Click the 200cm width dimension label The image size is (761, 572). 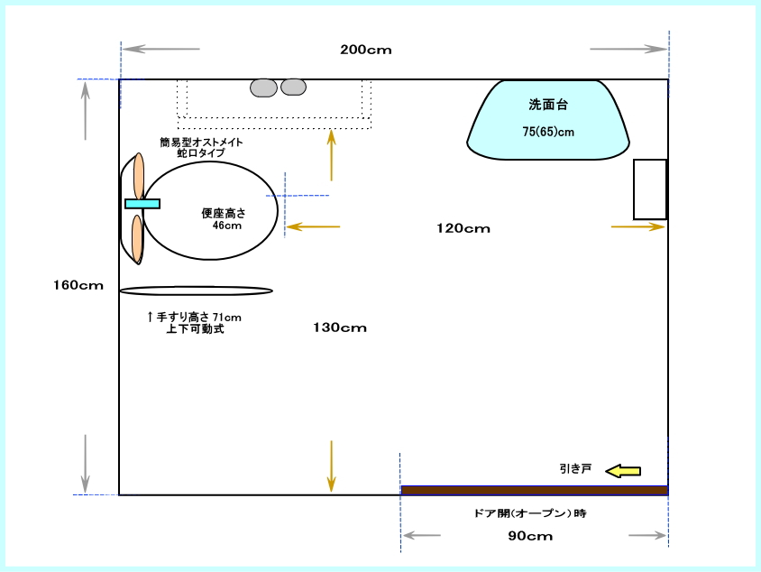(x=366, y=50)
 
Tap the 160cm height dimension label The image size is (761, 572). (x=78, y=285)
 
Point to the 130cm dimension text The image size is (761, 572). (x=341, y=328)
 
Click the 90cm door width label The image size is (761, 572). (x=529, y=536)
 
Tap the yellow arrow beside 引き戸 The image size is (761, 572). (x=623, y=470)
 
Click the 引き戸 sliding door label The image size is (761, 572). (x=574, y=469)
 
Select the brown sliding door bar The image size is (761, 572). (x=534, y=491)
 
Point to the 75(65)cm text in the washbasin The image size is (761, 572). (x=548, y=132)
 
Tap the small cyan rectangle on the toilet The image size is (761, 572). (x=142, y=203)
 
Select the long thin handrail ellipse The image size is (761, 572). (x=196, y=291)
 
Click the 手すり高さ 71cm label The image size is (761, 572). (x=195, y=317)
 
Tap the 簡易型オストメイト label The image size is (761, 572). (x=201, y=143)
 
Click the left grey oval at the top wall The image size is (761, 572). (x=264, y=87)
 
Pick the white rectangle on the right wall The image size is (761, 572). (x=649, y=189)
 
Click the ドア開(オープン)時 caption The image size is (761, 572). (x=530, y=512)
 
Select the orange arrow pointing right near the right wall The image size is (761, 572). (x=637, y=226)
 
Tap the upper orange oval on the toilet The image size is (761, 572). (x=138, y=174)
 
